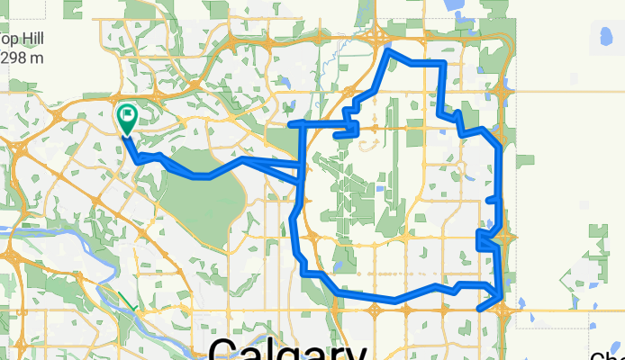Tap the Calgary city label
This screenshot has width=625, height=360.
[287, 349]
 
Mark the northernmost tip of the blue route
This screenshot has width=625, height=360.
[389, 50]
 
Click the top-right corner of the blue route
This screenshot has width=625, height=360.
[443, 63]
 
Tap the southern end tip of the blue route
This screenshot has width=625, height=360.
[478, 310]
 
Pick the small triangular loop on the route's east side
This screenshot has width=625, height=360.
[485, 239]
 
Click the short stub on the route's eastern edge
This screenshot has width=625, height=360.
[492, 200]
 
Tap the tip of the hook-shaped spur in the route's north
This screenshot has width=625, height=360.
[336, 136]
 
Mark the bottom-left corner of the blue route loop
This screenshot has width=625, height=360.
[306, 272]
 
